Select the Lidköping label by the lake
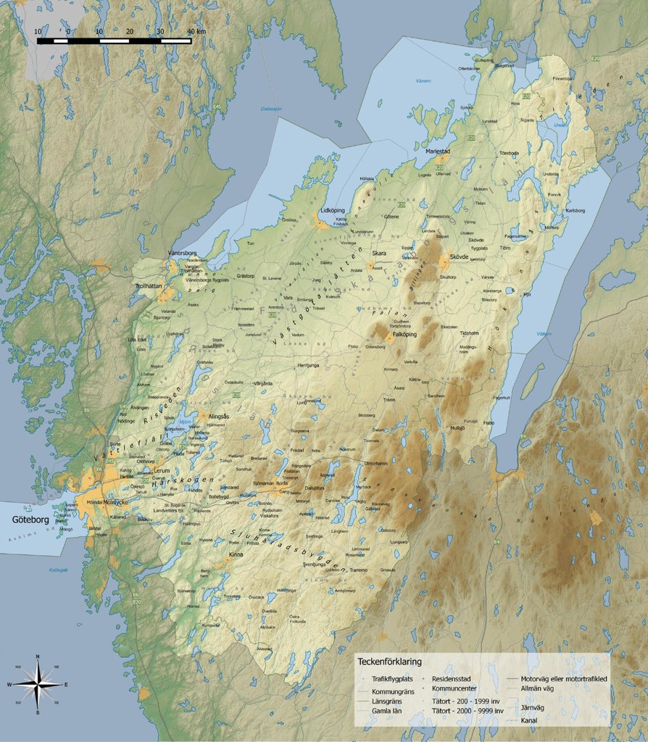point(332,210)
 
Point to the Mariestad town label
point(438,151)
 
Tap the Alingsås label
point(218,417)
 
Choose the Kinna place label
point(236,555)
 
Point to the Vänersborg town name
point(183,253)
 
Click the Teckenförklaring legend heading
point(389,662)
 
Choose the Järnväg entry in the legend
point(533,706)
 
